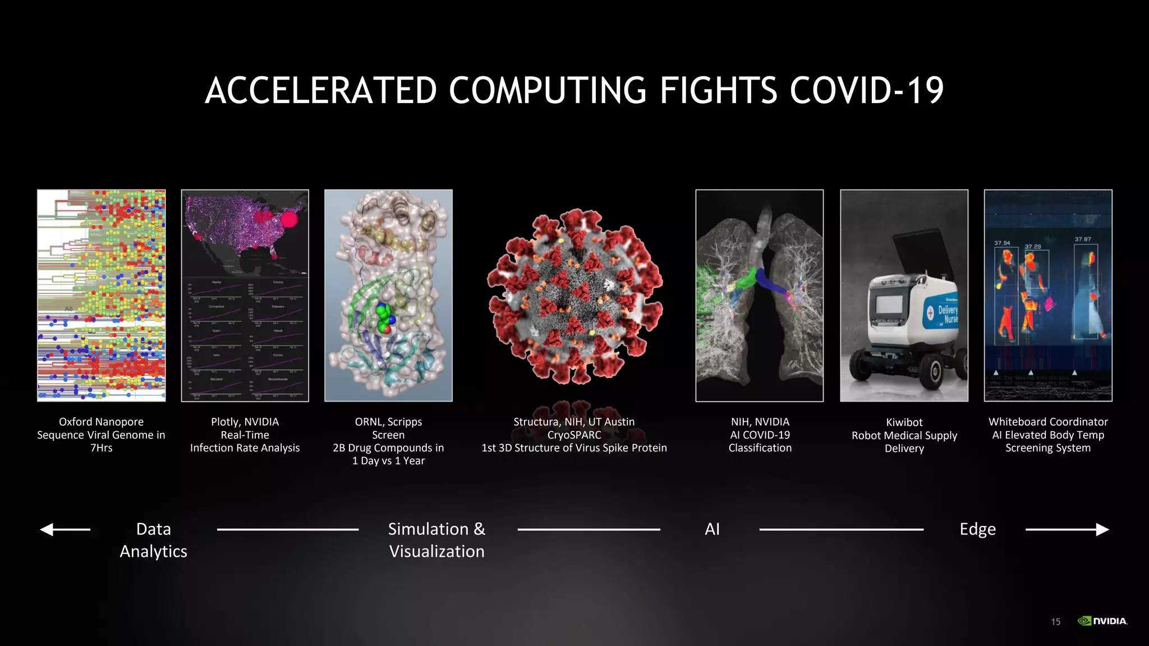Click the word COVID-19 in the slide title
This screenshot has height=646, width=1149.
tap(866, 90)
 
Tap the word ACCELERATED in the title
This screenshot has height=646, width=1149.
tap(320, 90)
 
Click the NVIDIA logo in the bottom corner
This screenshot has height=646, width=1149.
tap(1102, 621)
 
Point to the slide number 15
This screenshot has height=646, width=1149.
tap(1055, 621)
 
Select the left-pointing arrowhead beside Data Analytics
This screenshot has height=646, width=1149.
tap(47, 529)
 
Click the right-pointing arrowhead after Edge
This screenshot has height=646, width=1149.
tap(1102, 529)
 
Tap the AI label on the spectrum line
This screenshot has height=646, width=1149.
tap(712, 529)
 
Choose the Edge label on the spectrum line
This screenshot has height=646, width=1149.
tap(977, 529)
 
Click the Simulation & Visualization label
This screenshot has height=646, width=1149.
tap(436, 540)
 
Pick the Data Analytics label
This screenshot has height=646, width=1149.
tap(153, 540)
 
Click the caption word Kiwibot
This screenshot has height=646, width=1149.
tap(904, 422)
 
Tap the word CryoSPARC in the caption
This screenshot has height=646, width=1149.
tap(574, 435)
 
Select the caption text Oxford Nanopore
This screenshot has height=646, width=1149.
tap(101, 422)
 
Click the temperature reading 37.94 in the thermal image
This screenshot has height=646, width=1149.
tap(1002, 243)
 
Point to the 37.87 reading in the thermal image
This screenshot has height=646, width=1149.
tap(1083, 239)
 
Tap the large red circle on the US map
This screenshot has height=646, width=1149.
tap(289, 219)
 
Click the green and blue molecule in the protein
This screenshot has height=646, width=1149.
tap(385, 319)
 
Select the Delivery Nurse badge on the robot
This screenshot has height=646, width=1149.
tap(941, 314)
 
